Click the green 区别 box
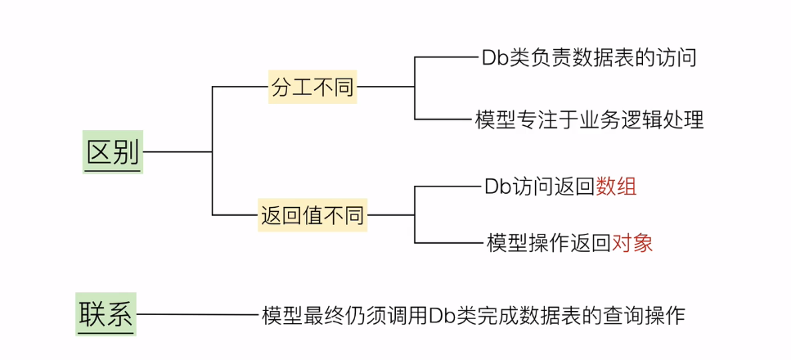click(113, 151)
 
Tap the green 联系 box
click(106, 314)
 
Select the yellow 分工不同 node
click(313, 86)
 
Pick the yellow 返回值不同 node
click(312, 216)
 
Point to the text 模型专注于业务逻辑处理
click(589, 120)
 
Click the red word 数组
click(616, 187)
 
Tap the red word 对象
click(632, 242)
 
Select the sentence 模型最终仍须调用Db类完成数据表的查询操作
click(473, 314)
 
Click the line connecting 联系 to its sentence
click(196, 314)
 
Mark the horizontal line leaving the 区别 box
click(177, 151)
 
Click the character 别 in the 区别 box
click(126, 151)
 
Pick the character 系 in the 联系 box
click(119, 314)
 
